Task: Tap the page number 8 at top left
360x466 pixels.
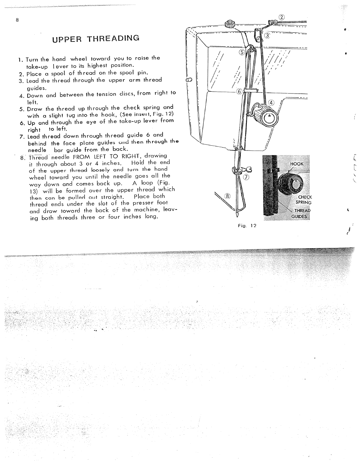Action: (x=17, y=20)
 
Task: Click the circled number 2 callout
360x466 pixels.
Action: (x=281, y=17)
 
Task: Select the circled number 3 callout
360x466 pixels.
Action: (x=267, y=36)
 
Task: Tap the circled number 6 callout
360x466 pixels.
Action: (x=238, y=92)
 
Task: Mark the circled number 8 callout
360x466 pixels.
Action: (x=227, y=196)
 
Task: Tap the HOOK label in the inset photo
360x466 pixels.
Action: (x=297, y=164)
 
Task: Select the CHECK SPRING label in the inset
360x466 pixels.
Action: (x=305, y=200)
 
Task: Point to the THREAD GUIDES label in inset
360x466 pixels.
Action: (x=302, y=214)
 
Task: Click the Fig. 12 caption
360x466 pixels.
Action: (x=247, y=226)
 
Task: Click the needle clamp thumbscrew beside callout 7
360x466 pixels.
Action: (x=240, y=170)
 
